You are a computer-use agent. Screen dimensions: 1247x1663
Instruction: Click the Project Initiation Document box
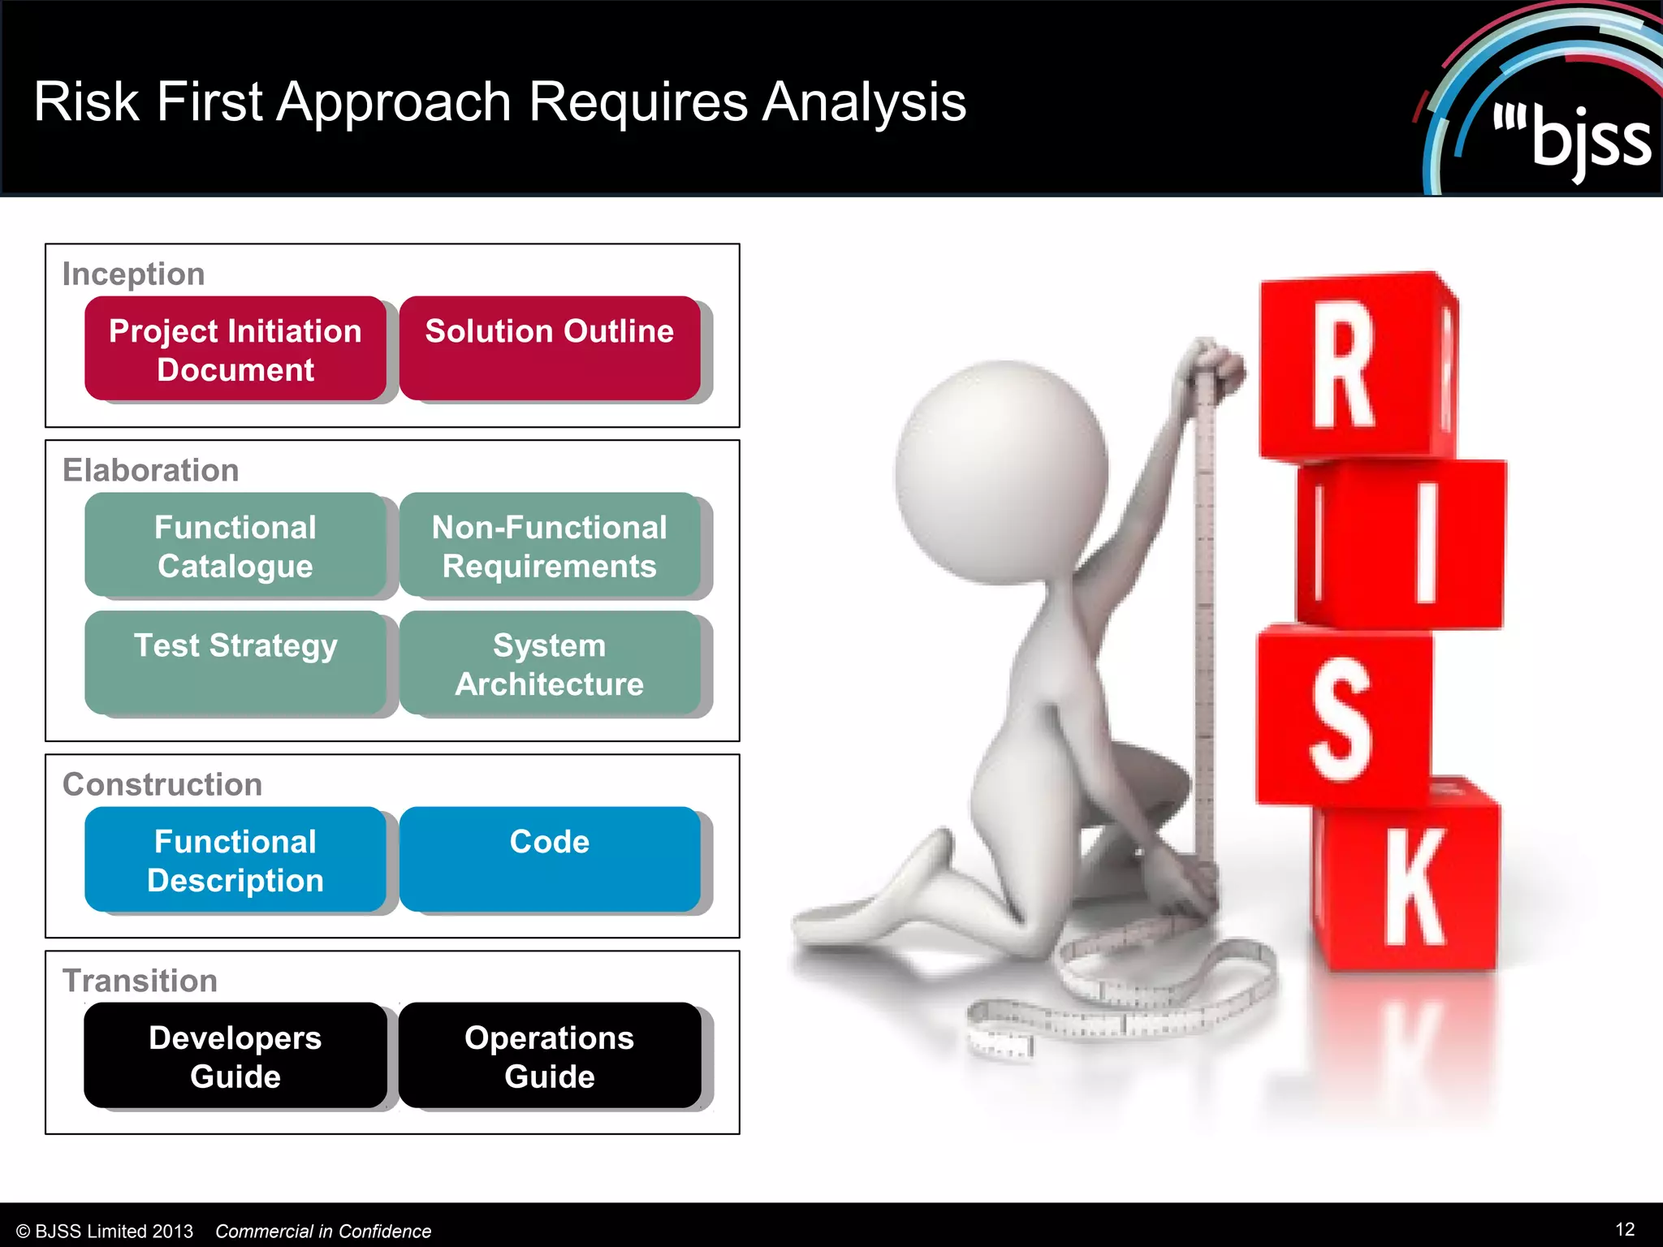(x=235, y=349)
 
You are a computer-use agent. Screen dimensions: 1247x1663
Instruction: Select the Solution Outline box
(x=550, y=349)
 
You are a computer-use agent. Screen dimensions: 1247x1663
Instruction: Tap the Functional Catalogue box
(x=235, y=546)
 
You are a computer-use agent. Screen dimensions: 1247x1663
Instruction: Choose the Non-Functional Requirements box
(x=550, y=546)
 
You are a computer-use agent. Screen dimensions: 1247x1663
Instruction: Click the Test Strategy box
(x=235, y=662)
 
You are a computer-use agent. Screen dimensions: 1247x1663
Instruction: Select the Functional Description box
(x=235, y=860)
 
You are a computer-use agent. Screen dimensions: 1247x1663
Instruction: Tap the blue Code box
(x=550, y=860)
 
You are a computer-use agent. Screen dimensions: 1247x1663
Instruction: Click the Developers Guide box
(x=235, y=1055)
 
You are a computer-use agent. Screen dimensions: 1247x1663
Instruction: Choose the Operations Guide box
(x=550, y=1055)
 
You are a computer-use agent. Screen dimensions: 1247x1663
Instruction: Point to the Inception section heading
(x=134, y=274)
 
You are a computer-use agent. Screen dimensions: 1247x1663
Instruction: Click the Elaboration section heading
(x=151, y=471)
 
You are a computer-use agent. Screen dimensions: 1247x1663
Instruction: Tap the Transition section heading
(x=140, y=981)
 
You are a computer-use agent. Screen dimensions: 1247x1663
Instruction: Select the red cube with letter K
(x=1409, y=885)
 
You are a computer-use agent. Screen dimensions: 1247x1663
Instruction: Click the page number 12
(x=1625, y=1229)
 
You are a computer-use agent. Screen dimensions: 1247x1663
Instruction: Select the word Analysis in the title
(x=864, y=102)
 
